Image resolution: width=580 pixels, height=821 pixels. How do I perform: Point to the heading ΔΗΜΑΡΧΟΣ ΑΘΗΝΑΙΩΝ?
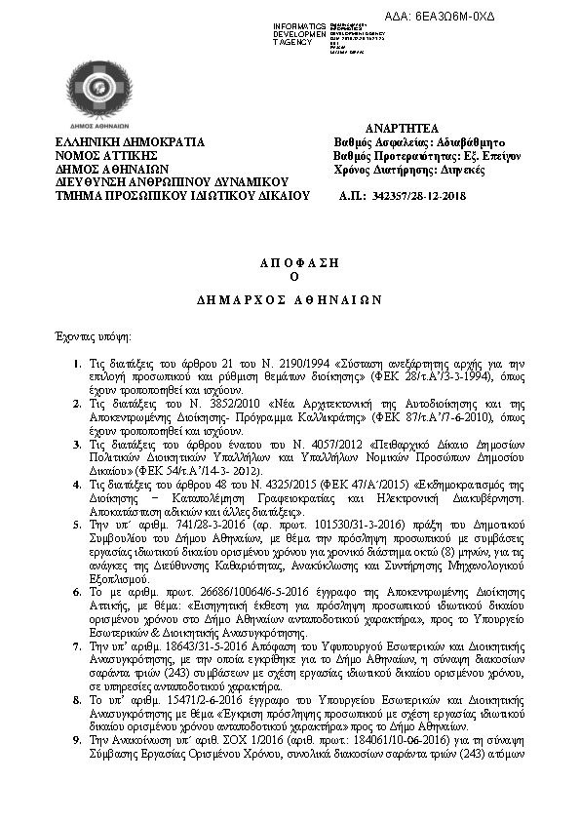pyautogui.click(x=289, y=299)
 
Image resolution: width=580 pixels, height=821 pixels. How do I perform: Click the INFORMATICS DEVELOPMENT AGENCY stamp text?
pyautogui.click(x=301, y=33)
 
